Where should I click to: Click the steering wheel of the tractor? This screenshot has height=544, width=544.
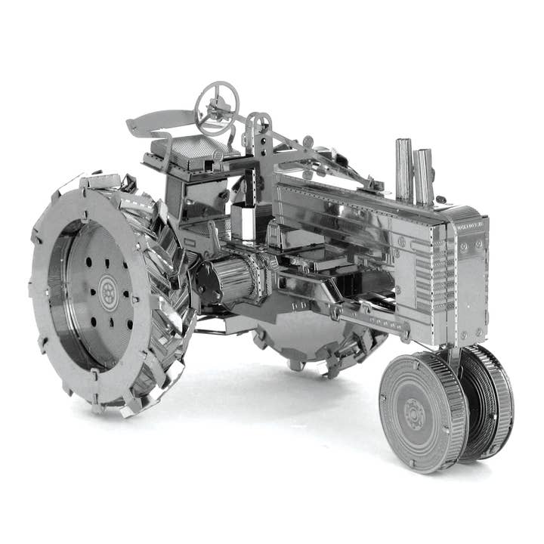[217, 107]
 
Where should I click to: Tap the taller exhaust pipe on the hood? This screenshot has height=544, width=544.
[403, 170]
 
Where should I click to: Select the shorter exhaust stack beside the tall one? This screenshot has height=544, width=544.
[424, 177]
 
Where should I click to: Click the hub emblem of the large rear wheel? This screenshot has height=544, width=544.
[108, 292]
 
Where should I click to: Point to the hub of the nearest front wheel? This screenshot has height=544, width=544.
[413, 413]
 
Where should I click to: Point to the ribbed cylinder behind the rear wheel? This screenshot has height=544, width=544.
[230, 279]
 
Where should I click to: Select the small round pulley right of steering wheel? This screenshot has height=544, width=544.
[259, 123]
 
